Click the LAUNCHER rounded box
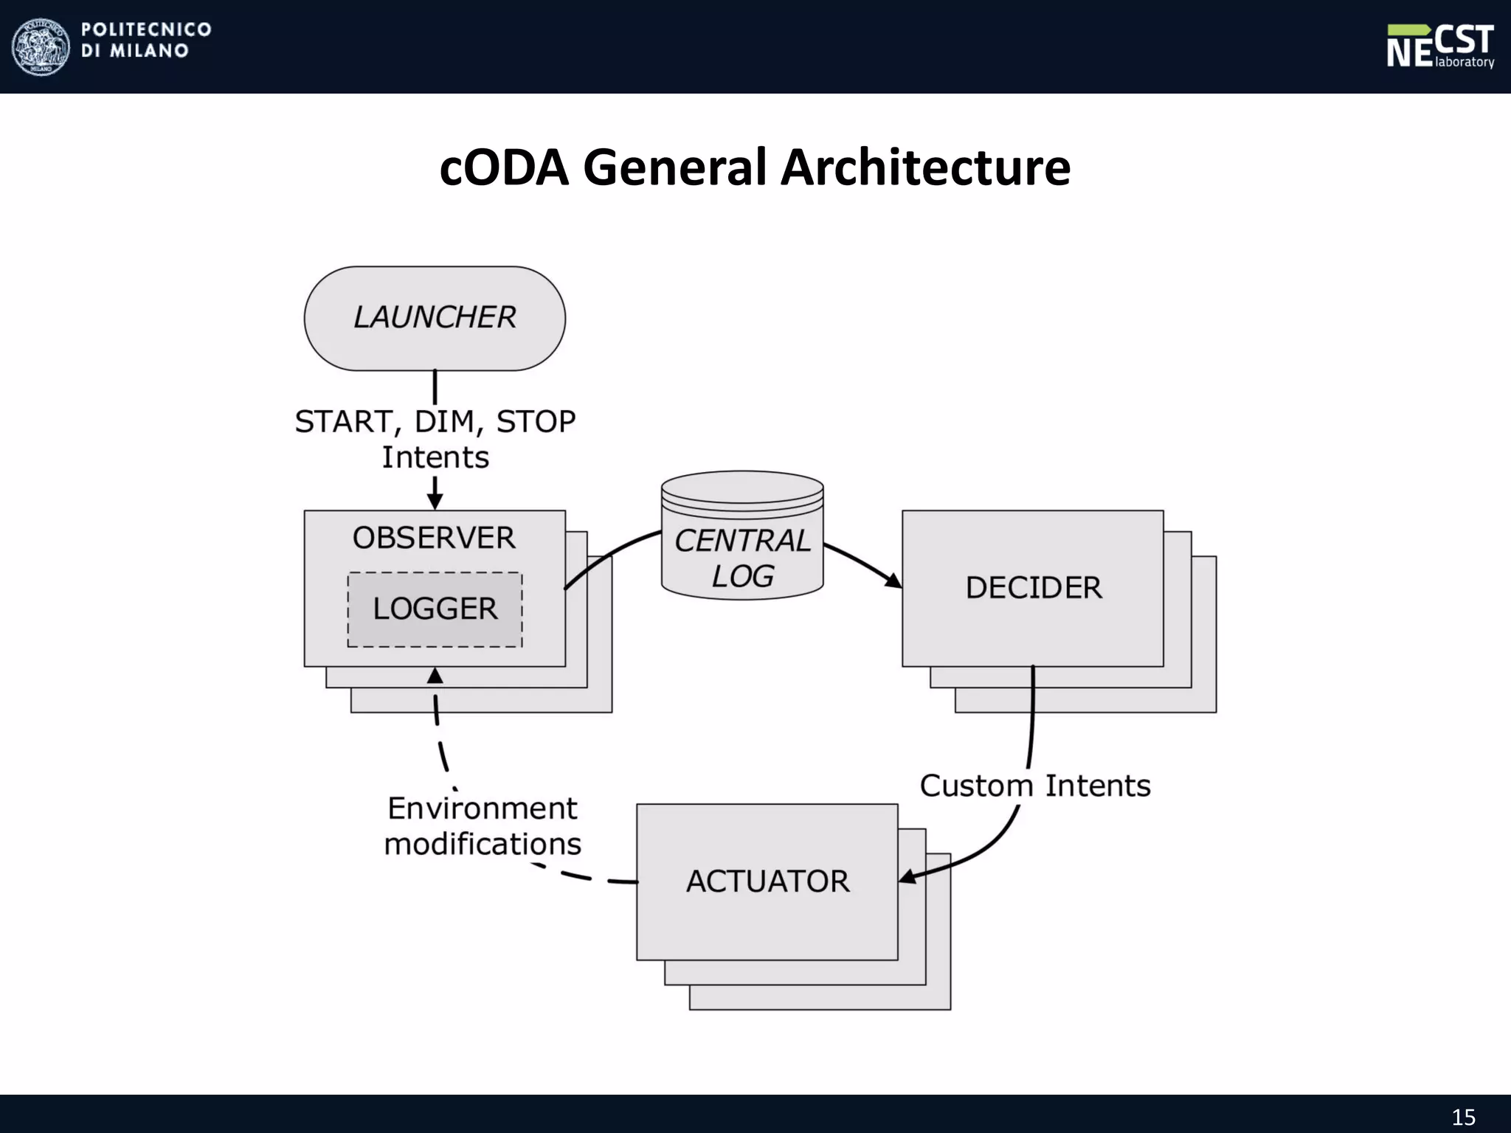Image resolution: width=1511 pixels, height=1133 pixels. (x=435, y=318)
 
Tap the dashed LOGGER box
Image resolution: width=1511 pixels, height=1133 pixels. (x=435, y=609)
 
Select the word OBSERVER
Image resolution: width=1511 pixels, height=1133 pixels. (x=434, y=538)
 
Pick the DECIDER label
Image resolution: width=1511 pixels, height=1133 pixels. (x=1034, y=588)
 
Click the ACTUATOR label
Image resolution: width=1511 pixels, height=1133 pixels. (x=767, y=881)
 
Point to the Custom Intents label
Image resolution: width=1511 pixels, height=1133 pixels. (x=1034, y=786)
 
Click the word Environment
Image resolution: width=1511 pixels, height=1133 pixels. (x=482, y=808)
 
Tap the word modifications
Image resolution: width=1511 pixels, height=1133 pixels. (x=483, y=844)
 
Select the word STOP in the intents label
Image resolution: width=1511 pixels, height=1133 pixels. (x=536, y=422)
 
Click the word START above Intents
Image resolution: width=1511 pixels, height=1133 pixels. (x=343, y=422)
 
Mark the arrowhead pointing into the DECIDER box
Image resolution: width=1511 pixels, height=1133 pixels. (x=894, y=581)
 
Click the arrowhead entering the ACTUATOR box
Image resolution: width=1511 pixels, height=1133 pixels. (x=907, y=877)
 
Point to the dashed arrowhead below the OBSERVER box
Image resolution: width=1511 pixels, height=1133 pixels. (x=435, y=676)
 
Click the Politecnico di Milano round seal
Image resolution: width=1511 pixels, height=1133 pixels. (x=41, y=46)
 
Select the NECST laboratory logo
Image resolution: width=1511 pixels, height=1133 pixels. (x=1439, y=46)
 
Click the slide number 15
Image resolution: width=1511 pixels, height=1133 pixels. (x=1464, y=1117)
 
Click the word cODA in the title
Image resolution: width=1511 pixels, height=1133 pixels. (x=505, y=167)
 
